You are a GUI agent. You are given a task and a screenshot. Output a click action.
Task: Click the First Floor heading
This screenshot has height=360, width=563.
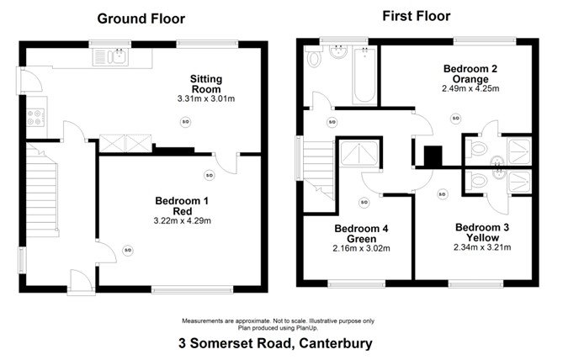(x=416, y=16)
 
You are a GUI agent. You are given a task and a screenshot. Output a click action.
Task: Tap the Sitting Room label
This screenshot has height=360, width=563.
(x=205, y=83)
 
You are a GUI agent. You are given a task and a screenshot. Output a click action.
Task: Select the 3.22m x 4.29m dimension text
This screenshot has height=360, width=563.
(x=182, y=221)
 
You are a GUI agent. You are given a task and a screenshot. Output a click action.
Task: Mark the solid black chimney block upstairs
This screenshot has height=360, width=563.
(x=433, y=157)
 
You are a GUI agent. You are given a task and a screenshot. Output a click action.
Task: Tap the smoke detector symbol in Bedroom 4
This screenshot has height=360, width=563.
(x=364, y=201)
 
